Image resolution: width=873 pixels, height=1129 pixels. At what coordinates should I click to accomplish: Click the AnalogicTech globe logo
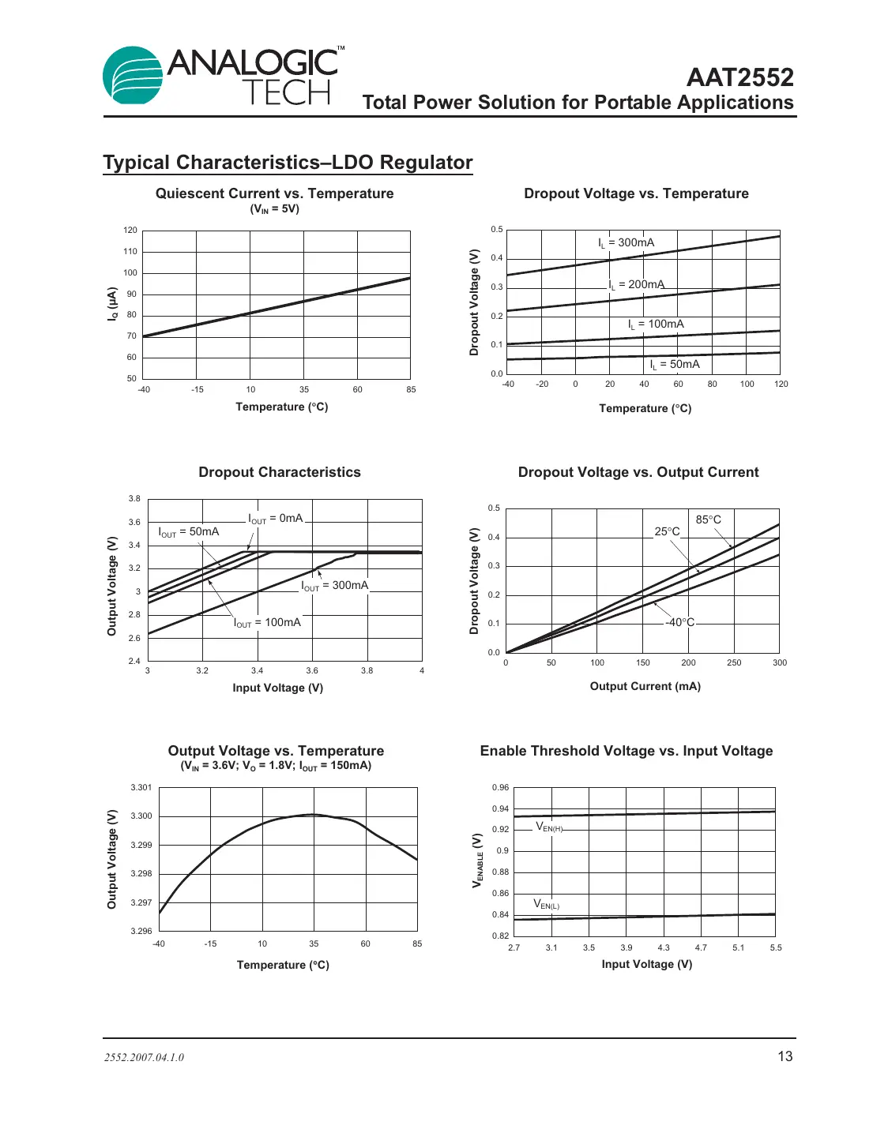[x=134, y=76]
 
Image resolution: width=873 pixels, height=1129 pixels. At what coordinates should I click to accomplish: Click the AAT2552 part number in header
[x=739, y=77]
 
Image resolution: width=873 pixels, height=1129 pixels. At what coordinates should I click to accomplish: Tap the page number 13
[x=785, y=1056]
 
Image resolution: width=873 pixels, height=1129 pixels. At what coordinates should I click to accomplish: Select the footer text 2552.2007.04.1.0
[x=144, y=1057]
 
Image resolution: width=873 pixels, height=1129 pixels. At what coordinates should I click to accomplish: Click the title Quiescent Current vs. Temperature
[x=274, y=193]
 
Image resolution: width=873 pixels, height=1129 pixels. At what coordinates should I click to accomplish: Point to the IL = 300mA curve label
[x=626, y=243]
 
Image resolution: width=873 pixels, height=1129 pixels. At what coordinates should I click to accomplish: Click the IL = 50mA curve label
[x=675, y=365]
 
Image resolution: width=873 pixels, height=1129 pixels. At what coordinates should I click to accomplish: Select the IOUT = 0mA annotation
[x=275, y=519]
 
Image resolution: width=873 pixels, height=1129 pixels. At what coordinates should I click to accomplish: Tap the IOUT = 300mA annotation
[x=334, y=586]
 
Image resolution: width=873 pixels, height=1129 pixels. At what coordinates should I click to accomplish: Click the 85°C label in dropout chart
[x=708, y=519]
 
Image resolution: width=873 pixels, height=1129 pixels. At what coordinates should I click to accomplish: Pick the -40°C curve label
[x=679, y=622]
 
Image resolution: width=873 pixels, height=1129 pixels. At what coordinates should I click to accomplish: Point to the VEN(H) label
[x=549, y=827]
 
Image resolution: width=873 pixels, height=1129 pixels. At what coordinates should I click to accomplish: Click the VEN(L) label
[x=546, y=904]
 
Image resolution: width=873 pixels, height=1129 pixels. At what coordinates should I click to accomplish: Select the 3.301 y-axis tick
[x=141, y=787]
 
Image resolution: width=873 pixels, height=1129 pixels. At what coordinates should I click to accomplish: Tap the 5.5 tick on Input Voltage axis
[x=775, y=947]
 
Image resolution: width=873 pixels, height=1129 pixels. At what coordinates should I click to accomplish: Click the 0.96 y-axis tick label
[x=500, y=787]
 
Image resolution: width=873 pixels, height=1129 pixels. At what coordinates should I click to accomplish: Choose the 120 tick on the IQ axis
[x=130, y=231]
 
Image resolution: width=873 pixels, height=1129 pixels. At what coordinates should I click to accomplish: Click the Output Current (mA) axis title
[x=645, y=686]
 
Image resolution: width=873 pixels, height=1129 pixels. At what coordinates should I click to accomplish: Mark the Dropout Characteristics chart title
[x=280, y=472]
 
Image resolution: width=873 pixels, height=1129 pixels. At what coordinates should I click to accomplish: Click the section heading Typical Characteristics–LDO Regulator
[x=288, y=163]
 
